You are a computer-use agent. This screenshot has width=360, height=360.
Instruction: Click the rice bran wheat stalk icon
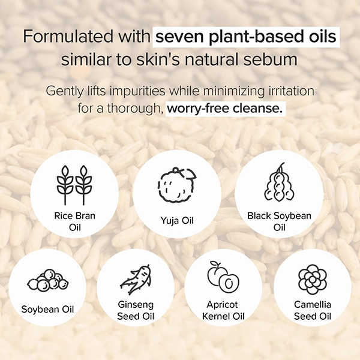tap(74, 185)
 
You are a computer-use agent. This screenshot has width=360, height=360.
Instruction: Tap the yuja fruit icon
tap(177, 185)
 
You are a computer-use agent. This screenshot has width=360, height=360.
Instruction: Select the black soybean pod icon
tap(279, 182)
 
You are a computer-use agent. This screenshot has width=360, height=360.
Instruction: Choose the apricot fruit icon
tap(223, 277)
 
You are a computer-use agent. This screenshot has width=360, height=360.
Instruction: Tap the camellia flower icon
tap(313, 280)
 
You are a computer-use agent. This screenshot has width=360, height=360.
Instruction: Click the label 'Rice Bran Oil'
tap(74, 221)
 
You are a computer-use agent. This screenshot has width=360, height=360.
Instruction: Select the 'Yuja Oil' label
tap(177, 221)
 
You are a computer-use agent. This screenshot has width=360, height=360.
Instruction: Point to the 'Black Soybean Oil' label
tap(279, 221)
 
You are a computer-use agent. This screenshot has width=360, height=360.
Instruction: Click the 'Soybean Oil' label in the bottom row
tap(48, 309)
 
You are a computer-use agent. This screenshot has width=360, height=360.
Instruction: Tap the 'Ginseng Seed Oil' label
tap(136, 310)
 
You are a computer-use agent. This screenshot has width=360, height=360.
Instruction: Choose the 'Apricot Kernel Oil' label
tap(223, 310)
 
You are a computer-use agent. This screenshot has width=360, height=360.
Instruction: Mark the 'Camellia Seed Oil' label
tap(313, 310)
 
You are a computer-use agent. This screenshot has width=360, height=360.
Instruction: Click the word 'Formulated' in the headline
tap(68, 36)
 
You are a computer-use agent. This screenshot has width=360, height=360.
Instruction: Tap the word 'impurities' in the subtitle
tap(137, 92)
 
